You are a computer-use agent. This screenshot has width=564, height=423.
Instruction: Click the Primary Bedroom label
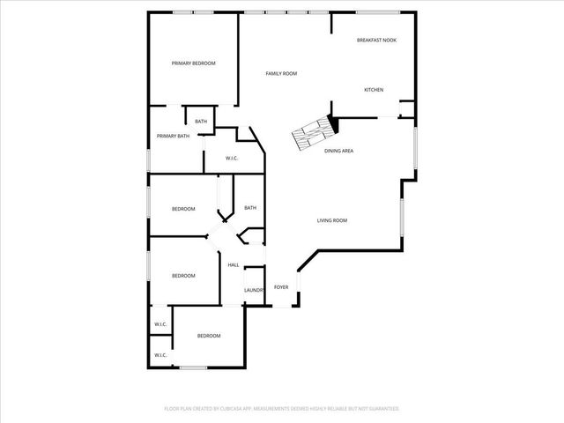pyautogui.click(x=193, y=63)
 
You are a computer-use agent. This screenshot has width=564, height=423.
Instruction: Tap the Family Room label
pyautogui.click(x=281, y=73)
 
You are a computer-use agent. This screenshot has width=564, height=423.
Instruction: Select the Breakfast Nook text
pyautogui.click(x=375, y=41)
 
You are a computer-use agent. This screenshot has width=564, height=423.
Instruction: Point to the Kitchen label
pyautogui.click(x=374, y=90)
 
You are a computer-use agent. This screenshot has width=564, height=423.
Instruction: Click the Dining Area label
pyautogui.click(x=339, y=152)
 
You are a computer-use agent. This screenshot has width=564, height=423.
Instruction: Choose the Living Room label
pyautogui.click(x=332, y=220)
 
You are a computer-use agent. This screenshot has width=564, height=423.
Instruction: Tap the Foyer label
pyautogui.click(x=281, y=287)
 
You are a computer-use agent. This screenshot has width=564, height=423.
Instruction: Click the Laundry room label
pyautogui.click(x=255, y=291)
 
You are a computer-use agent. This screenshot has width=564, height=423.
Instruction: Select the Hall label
pyautogui.click(x=234, y=265)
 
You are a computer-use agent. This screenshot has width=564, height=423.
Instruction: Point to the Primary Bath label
pyautogui.click(x=173, y=136)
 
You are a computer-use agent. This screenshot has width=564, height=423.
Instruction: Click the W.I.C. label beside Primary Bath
pyautogui.click(x=232, y=159)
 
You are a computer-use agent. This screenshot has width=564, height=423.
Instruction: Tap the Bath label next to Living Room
pyautogui.click(x=250, y=208)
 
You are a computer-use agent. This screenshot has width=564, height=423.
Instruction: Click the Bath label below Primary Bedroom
pyautogui.click(x=201, y=122)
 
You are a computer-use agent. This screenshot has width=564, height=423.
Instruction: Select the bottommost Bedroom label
pyautogui.click(x=209, y=336)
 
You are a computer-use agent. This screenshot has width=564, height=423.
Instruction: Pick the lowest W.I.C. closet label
pyautogui.click(x=160, y=355)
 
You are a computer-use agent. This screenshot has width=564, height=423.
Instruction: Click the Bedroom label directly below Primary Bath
pyautogui.click(x=183, y=209)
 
